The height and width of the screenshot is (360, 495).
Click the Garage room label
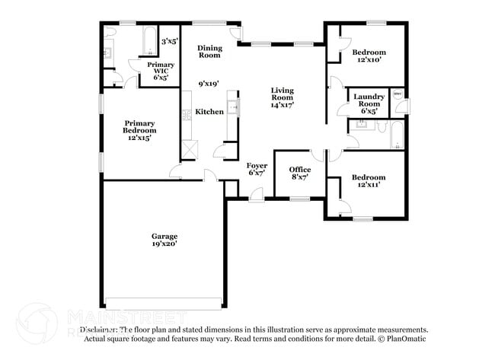164,236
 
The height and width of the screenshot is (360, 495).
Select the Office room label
299,170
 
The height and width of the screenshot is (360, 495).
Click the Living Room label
283,94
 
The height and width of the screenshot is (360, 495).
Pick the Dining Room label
209,52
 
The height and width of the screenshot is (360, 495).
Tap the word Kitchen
209,112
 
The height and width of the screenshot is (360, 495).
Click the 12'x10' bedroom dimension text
367,59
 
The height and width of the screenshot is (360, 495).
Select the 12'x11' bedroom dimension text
368,184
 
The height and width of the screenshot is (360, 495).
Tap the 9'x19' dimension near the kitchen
209,84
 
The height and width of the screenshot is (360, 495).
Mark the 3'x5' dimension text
169,41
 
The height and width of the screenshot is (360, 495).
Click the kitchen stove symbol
186,115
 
